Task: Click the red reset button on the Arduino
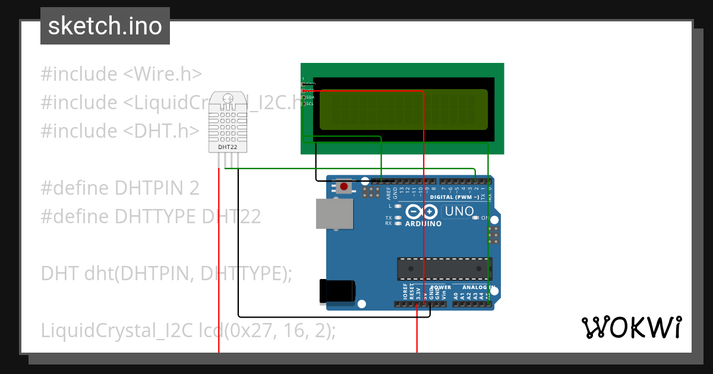[x=343, y=187]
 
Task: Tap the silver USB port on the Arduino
[x=333, y=213]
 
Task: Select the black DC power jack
[x=337, y=290]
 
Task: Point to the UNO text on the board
[x=459, y=211]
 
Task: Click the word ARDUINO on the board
[x=423, y=224]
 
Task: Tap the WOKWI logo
[x=631, y=327]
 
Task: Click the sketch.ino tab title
[x=105, y=26]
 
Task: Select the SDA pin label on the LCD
[x=310, y=97]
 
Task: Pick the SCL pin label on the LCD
[x=310, y=104]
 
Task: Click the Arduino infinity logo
[x=422, y=212]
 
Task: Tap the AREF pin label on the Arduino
[x=389, y=193]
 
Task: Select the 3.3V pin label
[x=418, y=293]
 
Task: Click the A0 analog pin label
[x=456, y=294]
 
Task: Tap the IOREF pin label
[x=405, y=291]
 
